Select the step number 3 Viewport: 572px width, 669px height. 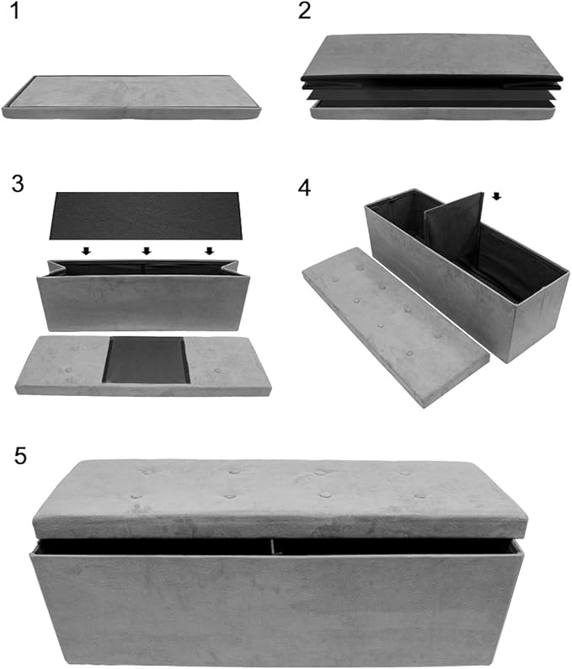pyautogui.click(x=18, y=183)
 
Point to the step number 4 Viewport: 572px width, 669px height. pyautogui.click(x=306, y=186)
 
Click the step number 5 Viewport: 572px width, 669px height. pyautogui.click(x=21, y=455)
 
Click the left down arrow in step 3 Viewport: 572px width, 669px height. pyautogui.click(x=86, y=251)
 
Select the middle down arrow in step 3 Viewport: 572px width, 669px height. pyautogui.click(x=147, y=251)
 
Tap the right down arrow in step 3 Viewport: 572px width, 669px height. pyautogui.click(x=209, y=251)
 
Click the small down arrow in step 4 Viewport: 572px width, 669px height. pyautogui.click(x=496, y=196)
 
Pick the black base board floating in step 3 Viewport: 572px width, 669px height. pyautogui.click(x=146, y=216)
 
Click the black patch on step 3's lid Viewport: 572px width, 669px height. pyautogui.click(x=146, y=360)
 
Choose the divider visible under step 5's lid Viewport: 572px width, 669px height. pyautogui.click(x=273, y=548)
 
